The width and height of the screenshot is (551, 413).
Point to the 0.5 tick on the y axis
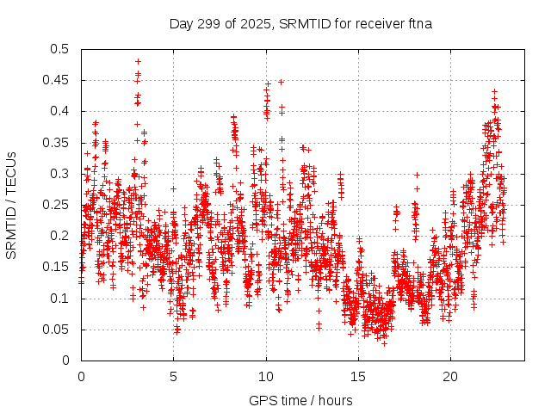coord(60,49)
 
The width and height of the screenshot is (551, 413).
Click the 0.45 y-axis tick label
coord(57,80)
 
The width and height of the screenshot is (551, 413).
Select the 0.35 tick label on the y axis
coord(57,143)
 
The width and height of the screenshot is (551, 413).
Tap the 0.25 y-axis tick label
coord(57,205)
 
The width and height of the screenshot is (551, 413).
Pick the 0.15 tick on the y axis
coord(57,268)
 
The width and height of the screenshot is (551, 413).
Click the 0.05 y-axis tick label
coord(57,330)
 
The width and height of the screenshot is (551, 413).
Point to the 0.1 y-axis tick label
coord(60,299)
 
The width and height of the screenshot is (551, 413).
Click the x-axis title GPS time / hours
coord(300,400)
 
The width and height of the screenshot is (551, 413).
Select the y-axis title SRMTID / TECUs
coord(11,205)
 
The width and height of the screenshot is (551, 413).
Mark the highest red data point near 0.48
coord(138,61)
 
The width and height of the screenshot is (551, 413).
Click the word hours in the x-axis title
coord(335,400)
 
